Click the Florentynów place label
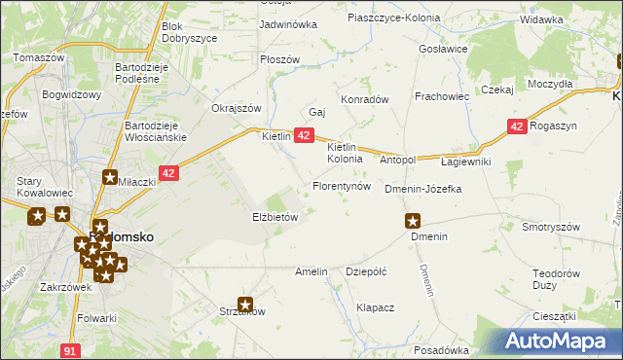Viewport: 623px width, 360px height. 341,186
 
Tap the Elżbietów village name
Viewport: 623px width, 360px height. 275,218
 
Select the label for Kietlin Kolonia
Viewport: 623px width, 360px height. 345,152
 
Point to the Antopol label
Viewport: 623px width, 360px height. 397,160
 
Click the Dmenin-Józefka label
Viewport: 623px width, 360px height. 422,189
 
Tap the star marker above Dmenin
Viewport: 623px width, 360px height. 414,222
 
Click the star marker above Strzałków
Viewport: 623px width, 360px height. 245,305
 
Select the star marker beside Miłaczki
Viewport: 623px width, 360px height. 110,177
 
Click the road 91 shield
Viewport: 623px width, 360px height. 69,348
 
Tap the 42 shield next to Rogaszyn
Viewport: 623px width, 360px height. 517,126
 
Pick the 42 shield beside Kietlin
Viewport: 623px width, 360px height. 304,136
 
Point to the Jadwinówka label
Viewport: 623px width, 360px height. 288,24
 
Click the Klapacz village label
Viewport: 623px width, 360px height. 375,307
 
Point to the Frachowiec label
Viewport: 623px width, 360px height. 442,97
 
